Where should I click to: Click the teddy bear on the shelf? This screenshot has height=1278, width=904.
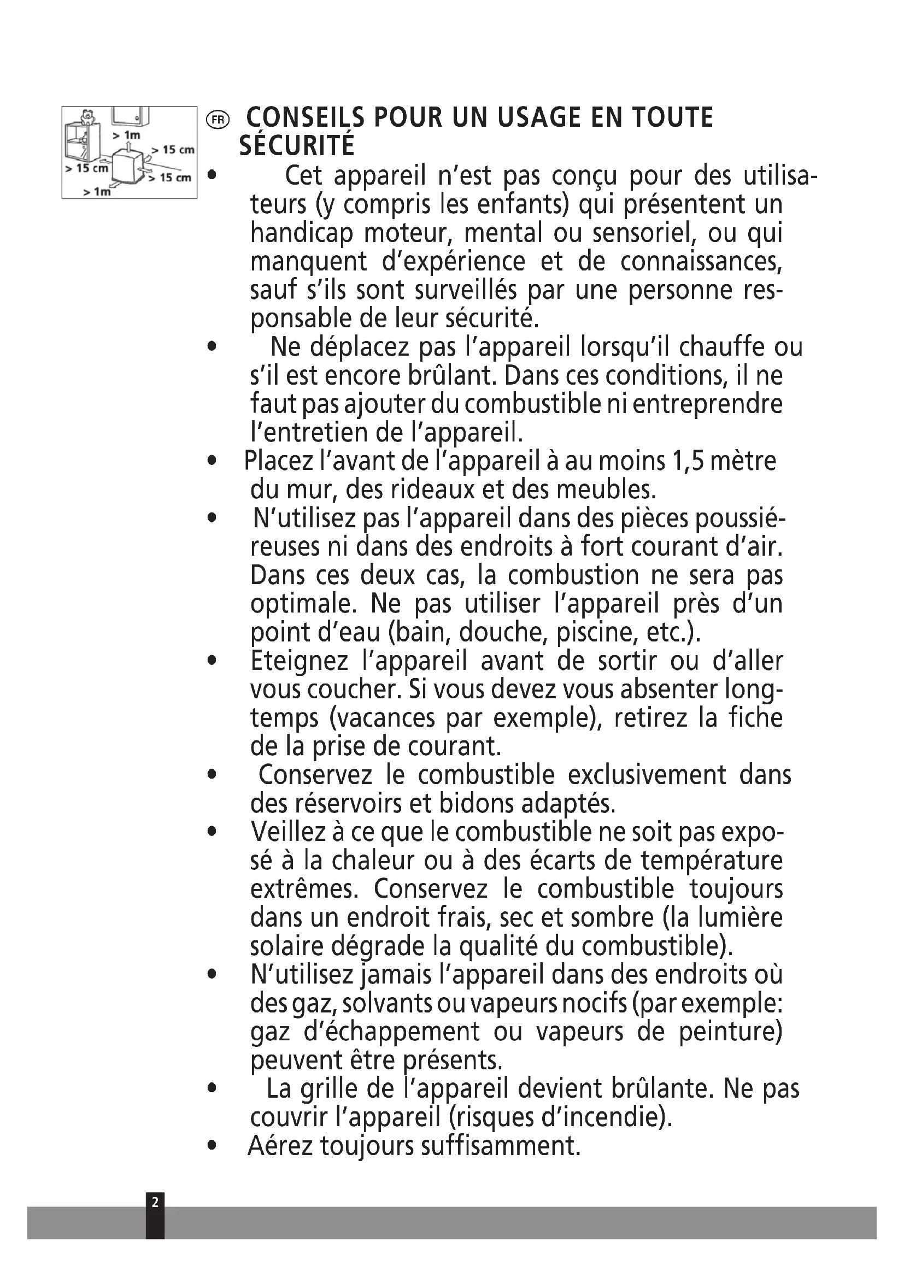86,117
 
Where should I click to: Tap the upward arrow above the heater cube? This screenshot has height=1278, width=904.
129,146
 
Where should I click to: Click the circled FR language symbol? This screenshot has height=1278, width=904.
217,119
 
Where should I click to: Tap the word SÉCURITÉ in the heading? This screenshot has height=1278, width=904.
297,146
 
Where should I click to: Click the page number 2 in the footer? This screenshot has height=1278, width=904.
155,1203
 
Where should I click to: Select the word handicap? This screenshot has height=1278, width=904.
302,233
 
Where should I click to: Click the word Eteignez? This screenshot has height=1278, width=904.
299,661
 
